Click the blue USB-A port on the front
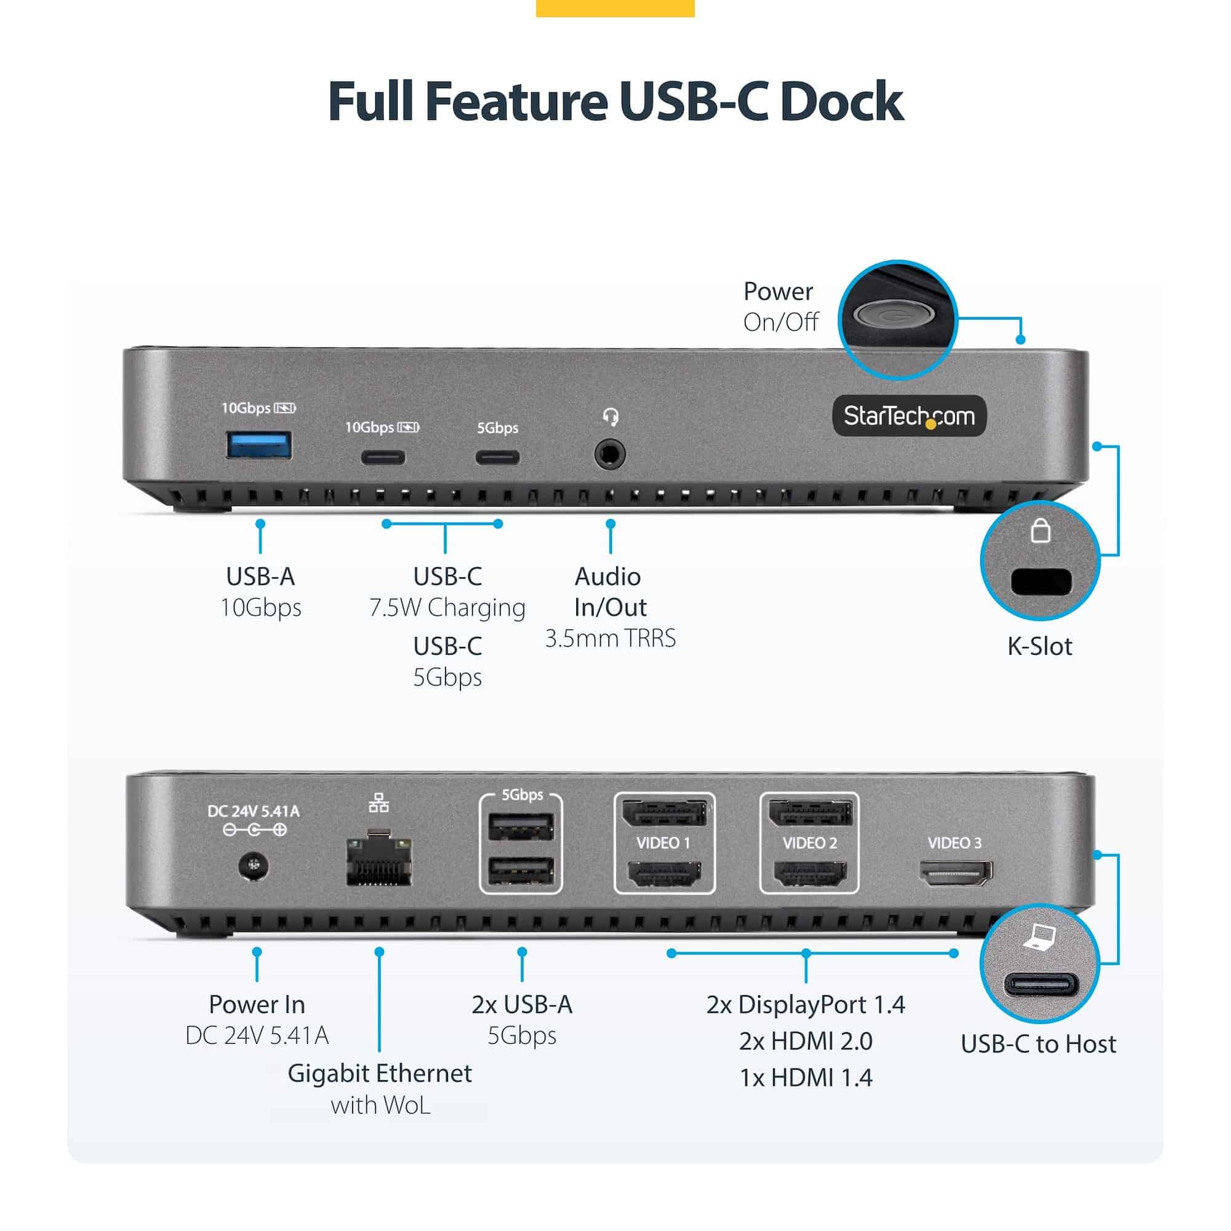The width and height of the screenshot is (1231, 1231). pyautogui.click(x=259, y=445)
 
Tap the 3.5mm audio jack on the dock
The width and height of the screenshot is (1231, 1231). pyautogui.click(x=610, y=455)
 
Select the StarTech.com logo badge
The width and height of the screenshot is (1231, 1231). pyautogui.click(x=909, y=416)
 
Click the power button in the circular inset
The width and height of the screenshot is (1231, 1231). pyautogui.click(x=894, y=314)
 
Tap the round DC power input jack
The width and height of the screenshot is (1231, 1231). pyautogui.click(x=254, y=867)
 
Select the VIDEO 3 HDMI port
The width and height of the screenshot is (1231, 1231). pyautogui.click(x=955, y=872)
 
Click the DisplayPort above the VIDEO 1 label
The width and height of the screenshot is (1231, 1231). pyautogui.click(x=665, y=812)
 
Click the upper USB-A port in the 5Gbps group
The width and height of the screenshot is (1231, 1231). pyautogui.click(x=521, y=828)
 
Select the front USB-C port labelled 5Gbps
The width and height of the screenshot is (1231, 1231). pyautogui.click(x=497, y=457)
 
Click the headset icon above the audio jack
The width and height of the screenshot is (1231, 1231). pyautogui.click(x=611, y=417)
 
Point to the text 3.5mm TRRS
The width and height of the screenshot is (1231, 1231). pyautogui.click(x=610, y=638)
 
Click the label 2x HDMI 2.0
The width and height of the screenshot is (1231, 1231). pyautogui.click(x=805, y=1041)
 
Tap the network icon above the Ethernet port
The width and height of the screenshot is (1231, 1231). pyautogui.click(x=379, y=803)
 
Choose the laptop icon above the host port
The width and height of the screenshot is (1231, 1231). pyautogui.click(x=1040, y=937)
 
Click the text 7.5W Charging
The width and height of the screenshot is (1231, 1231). pyautogui.click(x=447, y=607)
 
